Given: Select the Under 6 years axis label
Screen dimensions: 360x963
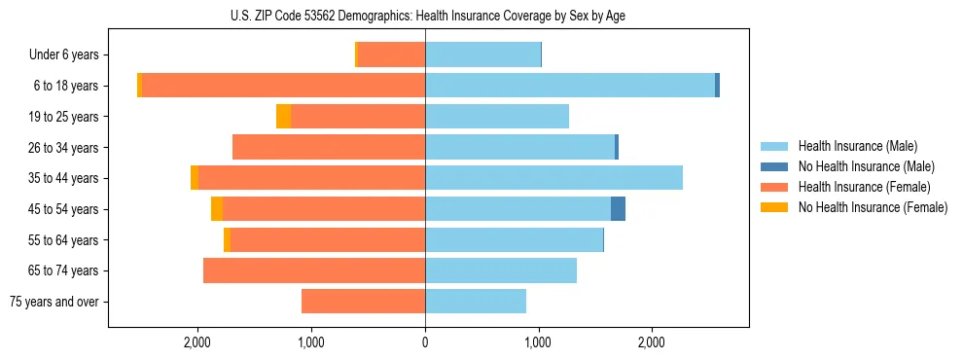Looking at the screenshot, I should [70, 55].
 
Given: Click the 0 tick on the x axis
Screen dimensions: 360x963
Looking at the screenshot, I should [425, 342].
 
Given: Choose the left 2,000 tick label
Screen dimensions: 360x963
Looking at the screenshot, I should [197, 342].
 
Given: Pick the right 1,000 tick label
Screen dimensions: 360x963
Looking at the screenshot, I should [538, 342].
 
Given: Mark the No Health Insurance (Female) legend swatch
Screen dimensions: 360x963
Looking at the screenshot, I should [774, 207].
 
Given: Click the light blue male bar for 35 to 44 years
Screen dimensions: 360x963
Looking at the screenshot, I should [553, 178].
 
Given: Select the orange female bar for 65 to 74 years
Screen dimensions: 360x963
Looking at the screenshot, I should [314, 270].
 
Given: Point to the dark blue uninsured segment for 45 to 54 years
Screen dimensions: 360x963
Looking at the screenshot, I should [618, 209].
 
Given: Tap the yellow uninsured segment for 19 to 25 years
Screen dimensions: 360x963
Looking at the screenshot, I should [283, 117].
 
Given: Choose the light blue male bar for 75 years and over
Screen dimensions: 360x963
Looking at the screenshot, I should [476, 302].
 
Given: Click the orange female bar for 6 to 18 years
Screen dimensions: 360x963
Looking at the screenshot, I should [283, 86].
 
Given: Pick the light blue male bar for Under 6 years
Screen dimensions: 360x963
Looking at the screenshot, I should [482, 55].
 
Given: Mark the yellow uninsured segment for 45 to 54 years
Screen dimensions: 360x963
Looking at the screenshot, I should [217, 209].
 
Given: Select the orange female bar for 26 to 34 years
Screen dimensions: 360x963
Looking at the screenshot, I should [329, 147].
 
